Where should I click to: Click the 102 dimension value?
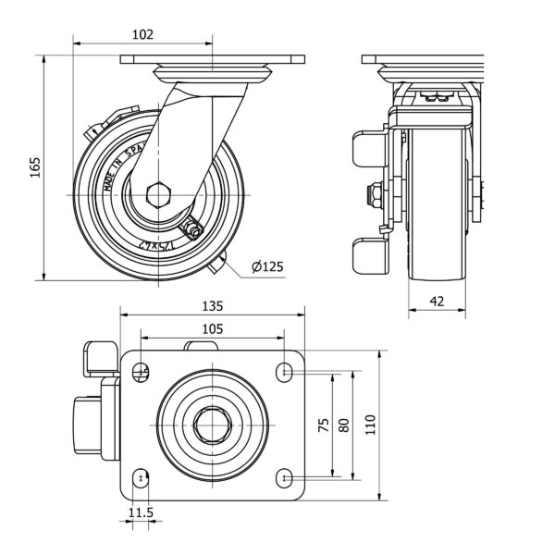coord(142,34)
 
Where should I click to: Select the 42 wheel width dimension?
coord(438,300)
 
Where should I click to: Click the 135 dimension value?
coord(213,306)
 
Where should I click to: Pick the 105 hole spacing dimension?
coord(213,329)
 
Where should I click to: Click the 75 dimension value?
coord(323,425)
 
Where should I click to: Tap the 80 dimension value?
coord(344,425)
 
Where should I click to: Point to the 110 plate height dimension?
coord(371,425)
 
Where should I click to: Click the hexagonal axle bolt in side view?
coord(158,195)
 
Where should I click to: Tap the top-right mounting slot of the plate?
coord(287,372)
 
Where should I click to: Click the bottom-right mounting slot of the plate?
coord(287,477)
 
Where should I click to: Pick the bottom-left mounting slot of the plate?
coord(140,477)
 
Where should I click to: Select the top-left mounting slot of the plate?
coord(140,372)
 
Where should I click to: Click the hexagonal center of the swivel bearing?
coord(213,425)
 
